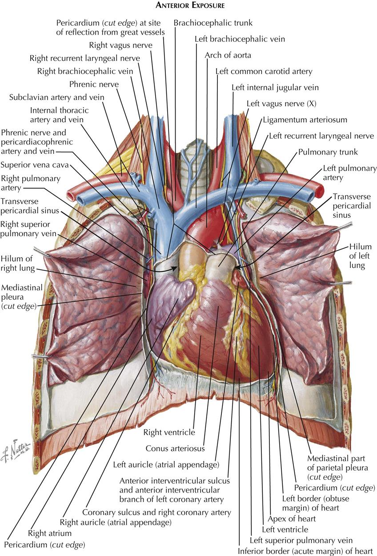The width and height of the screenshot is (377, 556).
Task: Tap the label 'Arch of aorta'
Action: pyautogui.click(x=228, y=55)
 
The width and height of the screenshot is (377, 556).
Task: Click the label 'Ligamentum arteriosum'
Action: pyautogui.click(x=305, y=120)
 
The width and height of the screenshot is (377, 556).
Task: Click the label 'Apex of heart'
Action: pyautogui.click(x=292, y=518)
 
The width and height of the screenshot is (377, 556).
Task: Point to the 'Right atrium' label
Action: pyautogui.click(x=49, y=532)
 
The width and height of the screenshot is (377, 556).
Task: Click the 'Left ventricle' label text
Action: pyautogui.click(x=285, y=529)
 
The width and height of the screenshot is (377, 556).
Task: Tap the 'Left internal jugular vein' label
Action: pyautogui.click(x=275, y=88)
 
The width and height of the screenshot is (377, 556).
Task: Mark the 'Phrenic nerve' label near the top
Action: pyautogui.click(x=94, y=84)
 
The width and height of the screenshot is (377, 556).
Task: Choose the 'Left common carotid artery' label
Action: pyautogui.click(x=264, y=71)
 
